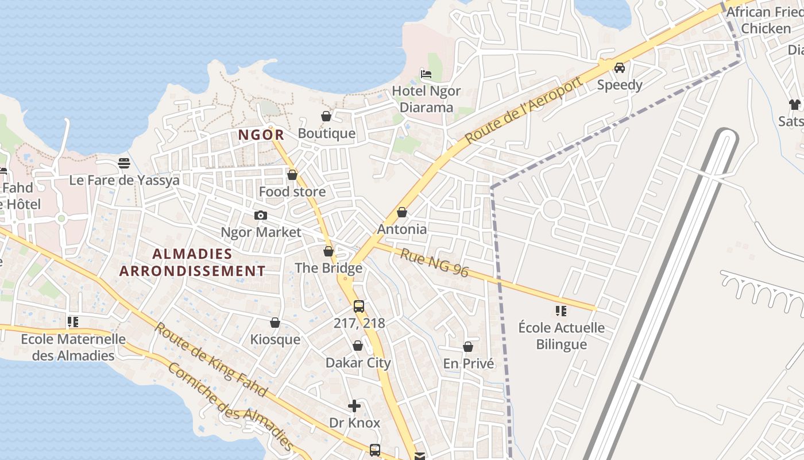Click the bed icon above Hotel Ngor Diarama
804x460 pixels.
426,74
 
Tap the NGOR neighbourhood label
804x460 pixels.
261,135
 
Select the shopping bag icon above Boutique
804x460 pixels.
326,117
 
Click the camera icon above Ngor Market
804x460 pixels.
261,216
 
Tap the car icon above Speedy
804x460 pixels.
620,68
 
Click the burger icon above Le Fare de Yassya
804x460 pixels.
124,163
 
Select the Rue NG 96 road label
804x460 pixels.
435,262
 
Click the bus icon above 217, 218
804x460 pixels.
359,306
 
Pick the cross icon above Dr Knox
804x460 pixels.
354,406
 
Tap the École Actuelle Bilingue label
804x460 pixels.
561,336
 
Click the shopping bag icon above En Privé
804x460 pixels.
468,347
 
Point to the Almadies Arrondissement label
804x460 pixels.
192,262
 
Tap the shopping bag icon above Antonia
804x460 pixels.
402,213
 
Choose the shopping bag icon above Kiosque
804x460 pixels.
275,323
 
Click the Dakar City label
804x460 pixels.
358,363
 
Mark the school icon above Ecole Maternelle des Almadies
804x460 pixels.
72,322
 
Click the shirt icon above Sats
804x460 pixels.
795,105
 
